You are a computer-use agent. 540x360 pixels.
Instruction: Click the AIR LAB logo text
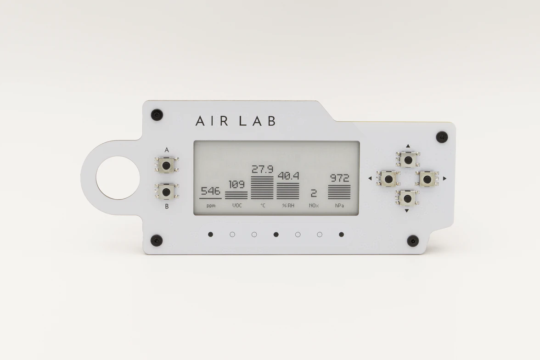[236, 121]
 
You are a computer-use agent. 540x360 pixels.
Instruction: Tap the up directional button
[408, 159]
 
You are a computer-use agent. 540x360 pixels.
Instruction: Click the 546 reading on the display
[210, 191]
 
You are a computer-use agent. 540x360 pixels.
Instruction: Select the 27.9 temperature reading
[263, 169]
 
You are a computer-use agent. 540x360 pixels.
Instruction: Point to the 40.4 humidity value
[288, 176]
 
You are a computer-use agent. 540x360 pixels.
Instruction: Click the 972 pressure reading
[340, 178]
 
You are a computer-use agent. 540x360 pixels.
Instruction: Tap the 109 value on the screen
[236, 185]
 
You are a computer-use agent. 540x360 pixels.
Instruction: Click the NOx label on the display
[314, 206]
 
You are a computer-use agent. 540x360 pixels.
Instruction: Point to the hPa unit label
[339, 206]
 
